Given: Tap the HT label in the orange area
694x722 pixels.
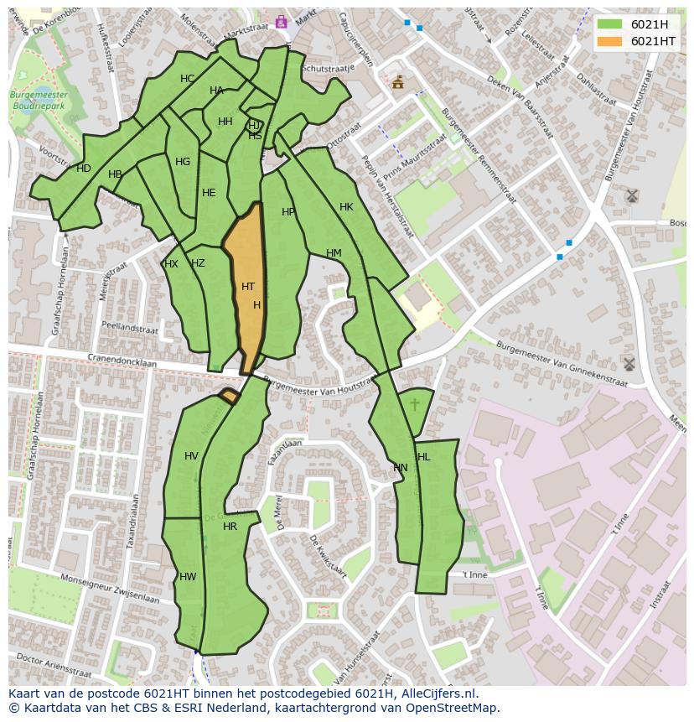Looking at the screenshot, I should (x=248, y=287).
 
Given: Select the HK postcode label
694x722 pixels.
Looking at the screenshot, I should (x=346, y=207).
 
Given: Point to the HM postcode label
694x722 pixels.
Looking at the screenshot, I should (x=334, y=253).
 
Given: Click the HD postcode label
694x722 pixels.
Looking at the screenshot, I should (x=84, y=169).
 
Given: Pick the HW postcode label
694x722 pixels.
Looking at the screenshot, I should (x=188, y=577).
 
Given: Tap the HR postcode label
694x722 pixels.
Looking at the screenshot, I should (x=230, y=527).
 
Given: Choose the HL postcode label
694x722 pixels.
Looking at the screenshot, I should (x=423, y=457).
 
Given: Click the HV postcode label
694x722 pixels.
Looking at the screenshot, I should (x=191, y=456).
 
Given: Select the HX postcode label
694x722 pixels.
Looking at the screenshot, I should (x=171, y=264).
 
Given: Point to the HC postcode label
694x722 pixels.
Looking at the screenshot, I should (x=187, y=79).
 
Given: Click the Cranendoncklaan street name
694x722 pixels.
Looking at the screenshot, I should (x=119, y=361).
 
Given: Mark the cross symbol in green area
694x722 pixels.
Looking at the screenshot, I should (x=415, y=406).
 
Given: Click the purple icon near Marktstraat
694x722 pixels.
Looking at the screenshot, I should (x=281, y=22).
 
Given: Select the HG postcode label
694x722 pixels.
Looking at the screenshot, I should (x=183, y=162).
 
